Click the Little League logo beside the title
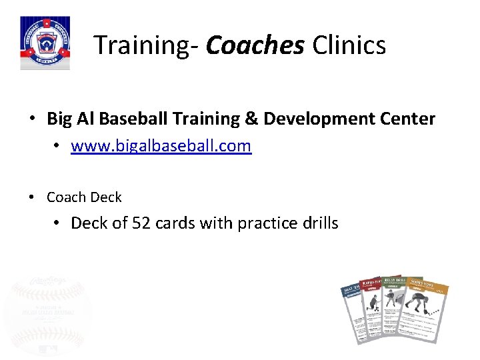45,44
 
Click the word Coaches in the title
255,45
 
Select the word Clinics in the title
349,45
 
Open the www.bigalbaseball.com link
161,145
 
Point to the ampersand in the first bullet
252,119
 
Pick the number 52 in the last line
141,223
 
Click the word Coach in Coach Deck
66,197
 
